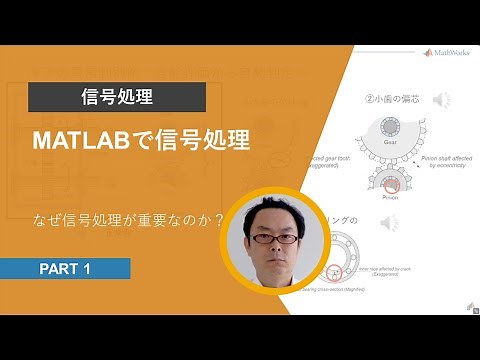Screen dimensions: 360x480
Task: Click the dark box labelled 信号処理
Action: [117, 97]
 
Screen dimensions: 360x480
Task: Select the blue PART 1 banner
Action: [65, 269]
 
